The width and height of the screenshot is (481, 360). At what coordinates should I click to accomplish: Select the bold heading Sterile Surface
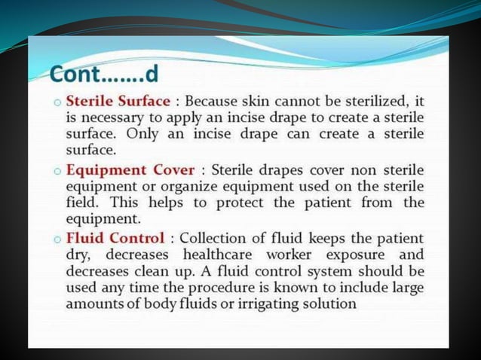(118, 100)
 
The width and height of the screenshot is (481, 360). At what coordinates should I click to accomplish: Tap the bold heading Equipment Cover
(130, 169)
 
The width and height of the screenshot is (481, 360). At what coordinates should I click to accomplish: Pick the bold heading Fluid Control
(115, 239)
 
